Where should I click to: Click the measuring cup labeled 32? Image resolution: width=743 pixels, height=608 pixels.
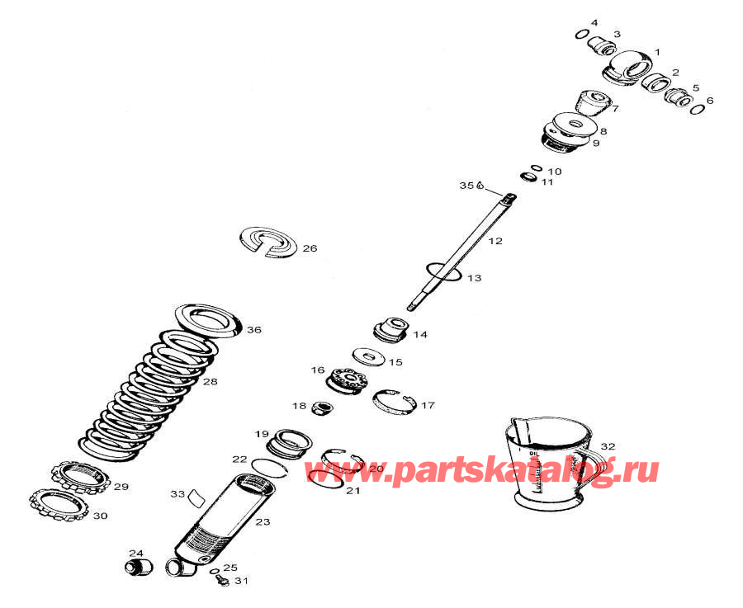pos(548,466)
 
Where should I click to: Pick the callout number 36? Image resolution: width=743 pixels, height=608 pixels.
pos(253,330)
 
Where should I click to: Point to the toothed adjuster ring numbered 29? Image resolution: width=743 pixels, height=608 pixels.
pos(80,476)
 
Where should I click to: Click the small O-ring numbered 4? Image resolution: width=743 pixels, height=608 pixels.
pos(580,34)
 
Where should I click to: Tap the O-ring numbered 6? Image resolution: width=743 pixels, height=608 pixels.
pos(698,109)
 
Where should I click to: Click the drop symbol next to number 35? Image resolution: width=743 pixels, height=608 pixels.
pos(480,186)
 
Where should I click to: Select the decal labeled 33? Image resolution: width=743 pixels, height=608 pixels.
pos(196,497)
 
